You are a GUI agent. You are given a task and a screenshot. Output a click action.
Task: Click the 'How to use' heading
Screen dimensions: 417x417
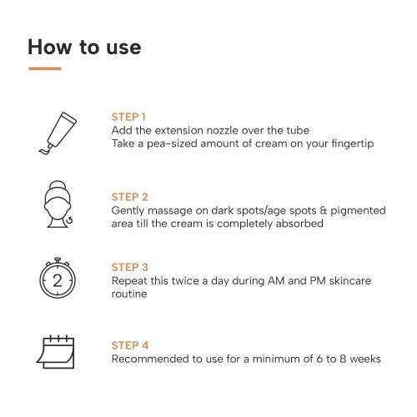point(84,47)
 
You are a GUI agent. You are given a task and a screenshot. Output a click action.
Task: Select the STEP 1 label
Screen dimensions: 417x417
point(129,117)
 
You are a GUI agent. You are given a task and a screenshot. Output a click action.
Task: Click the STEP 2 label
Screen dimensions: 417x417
point(129,197)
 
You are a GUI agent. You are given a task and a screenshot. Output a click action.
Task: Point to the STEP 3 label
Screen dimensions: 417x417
point(129,267)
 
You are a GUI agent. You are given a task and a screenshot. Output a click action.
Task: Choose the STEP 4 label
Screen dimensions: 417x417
point(129,344)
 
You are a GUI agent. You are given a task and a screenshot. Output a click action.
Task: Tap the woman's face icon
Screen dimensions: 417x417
point(58,203)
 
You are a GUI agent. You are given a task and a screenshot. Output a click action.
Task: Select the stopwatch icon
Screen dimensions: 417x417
point(58,279)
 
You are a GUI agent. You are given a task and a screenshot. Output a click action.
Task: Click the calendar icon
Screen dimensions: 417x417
point(57,351)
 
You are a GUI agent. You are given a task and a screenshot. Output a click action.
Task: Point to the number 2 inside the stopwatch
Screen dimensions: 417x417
point(58,281)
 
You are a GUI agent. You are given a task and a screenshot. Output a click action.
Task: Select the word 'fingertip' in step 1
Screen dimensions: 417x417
point(350,144)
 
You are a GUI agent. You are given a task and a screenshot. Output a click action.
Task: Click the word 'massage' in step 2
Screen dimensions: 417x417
point(168,211)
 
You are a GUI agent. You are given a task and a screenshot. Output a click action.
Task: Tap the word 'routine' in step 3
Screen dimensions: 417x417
point(130,294)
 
